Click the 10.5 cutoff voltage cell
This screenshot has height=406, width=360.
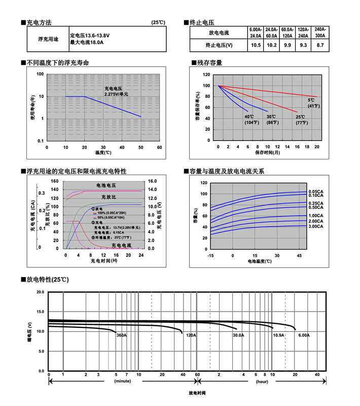tap(256, 46)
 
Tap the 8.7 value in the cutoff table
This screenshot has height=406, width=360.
tap(320, 46)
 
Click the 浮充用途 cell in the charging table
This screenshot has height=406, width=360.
tap(48, 39)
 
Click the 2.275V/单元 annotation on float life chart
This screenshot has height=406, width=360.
tap(116, 94)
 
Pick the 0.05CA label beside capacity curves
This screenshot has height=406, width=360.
tap(316, 191)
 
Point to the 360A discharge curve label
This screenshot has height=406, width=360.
tap(122, 335)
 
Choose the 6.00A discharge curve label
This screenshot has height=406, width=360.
tap(304, 335)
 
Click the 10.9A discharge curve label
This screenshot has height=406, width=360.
tap(278, 335)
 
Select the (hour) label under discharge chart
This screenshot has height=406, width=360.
tap(262, 381)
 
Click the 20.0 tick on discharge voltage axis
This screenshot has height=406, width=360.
tap(40, 292)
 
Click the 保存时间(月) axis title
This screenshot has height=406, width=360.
tap(267, 152)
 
